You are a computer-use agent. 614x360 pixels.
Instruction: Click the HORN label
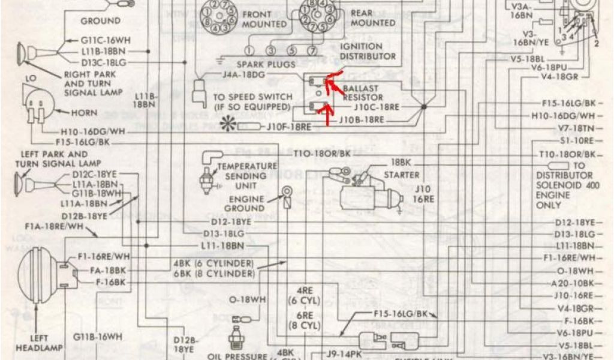84,112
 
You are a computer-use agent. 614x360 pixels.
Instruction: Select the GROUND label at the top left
100,20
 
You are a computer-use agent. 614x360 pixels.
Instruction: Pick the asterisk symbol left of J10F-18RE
228,125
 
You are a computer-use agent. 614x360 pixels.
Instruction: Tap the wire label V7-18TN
576,128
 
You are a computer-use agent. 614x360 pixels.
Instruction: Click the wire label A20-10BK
574,283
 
